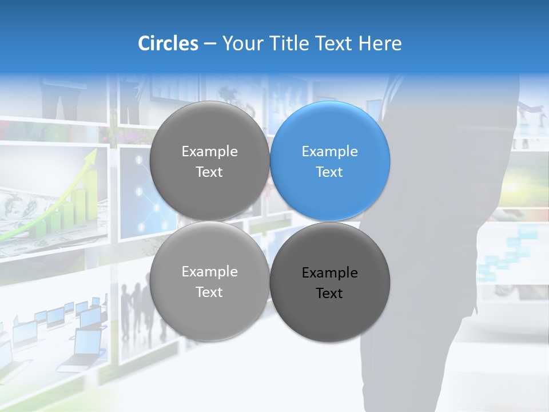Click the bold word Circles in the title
tap(168, 43)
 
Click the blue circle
tap(330, 161)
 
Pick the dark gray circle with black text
tap(330, 282)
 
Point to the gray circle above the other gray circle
tap(209, 161)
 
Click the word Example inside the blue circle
tap(329, 152)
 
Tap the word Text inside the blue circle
tap(329, 172)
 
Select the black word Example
tap(329, 273)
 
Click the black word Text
tap(329, 294)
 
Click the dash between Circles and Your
tap(210, 43)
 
